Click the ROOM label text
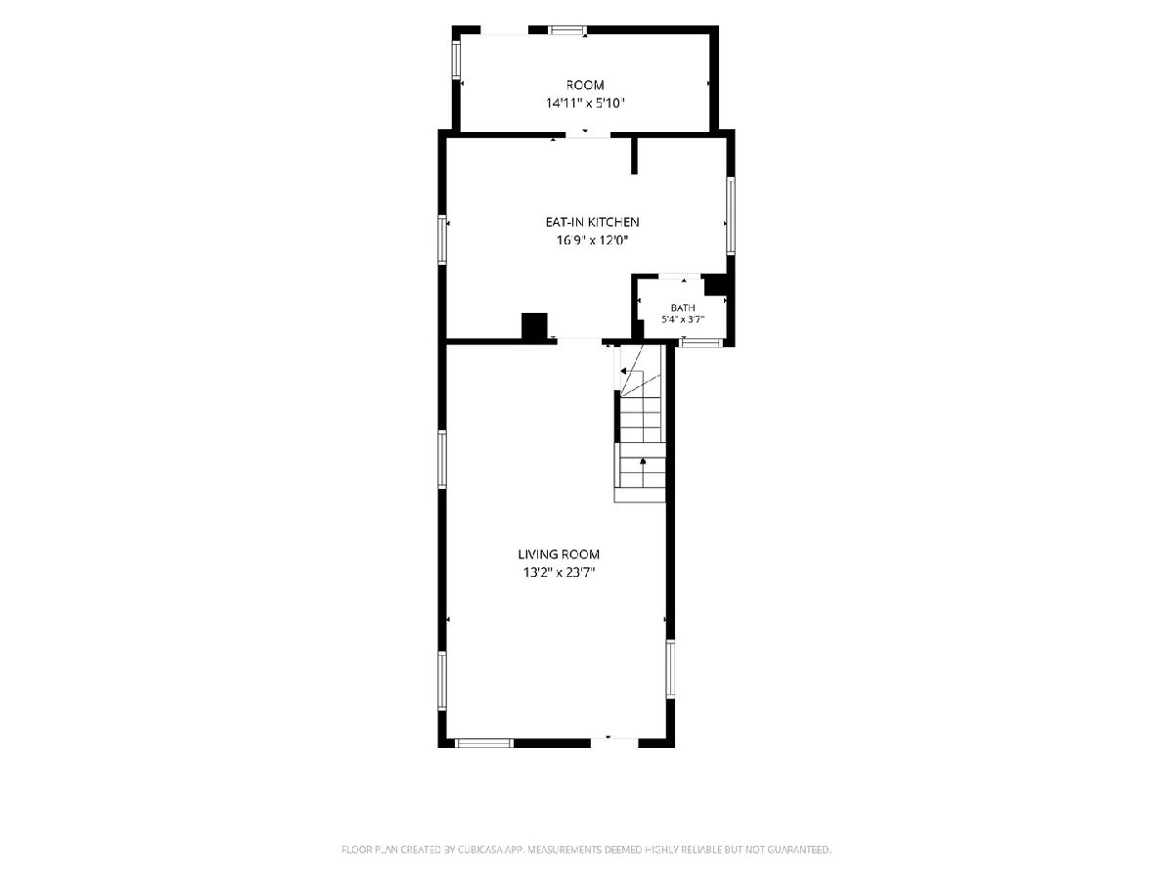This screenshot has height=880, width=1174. (x=585, y=85)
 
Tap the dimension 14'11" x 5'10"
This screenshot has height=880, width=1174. (x=585, y=103)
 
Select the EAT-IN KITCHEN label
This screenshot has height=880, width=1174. (x=592, y=222)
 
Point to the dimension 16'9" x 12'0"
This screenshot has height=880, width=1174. (x=592, y=240)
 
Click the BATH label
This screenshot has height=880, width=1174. (x=683, y=308)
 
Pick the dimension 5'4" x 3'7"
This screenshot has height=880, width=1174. (x=683, y=320)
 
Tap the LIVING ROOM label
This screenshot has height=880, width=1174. (x=559, y=554)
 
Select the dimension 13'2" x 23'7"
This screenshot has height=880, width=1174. (x=559, y=573)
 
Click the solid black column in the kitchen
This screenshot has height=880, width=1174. (x=534, y=326)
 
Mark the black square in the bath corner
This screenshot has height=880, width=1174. (x=715, y=286)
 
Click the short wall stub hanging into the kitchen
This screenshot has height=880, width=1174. (x=634, y=155)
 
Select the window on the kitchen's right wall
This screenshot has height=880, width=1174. (x=731, y=215)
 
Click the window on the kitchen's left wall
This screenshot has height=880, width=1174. (x=442, y=240)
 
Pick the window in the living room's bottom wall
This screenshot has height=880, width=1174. (x=484, y=743)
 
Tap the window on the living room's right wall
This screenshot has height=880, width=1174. (x=670, y=669)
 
